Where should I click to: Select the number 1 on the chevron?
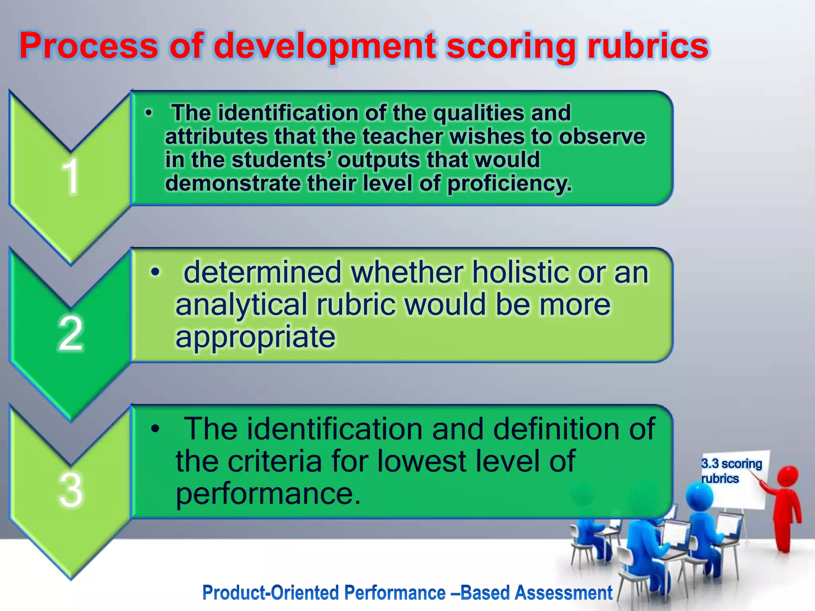pos(71,176)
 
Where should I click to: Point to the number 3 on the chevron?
pos(71,490)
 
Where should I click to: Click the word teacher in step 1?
pos(402,136)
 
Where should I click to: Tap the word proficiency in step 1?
pos(509,183)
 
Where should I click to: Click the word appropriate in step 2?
pos(255,337)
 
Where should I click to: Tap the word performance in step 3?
pos(268,494)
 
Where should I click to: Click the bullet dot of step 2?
pos(155,272)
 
